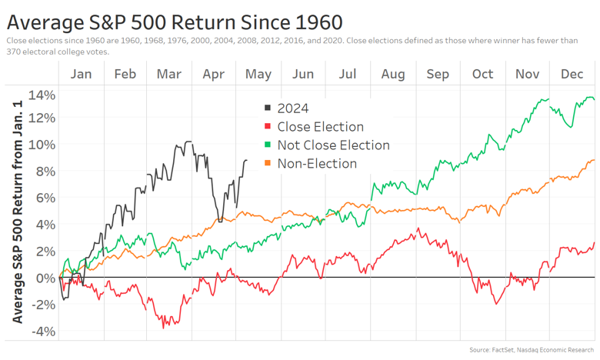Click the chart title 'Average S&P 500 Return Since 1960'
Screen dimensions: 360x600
pyautogui.click(x=174, y=20)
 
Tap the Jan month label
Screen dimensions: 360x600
pyautogui.click(x=81, y=74)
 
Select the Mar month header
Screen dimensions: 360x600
pyautogui.click(x=168, y=74)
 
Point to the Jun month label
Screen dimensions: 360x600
pyautogui.click(x=303, y=74)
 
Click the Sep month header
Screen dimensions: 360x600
pyautogui.click(x=438, y=74)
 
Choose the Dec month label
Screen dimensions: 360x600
pyautogui.click(x=572, y=74)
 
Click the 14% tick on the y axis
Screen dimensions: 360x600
pyautogui.click(x=42, y=95)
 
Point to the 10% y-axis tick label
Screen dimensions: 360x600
pyautogui.click(x=42, y=145)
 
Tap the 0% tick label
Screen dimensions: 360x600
pyautogui.click(x=45, y=277)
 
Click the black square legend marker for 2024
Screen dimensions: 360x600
pyautogui.click(x=267, y=108)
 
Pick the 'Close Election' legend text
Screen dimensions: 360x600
pyautogui.click(x=320, y=127)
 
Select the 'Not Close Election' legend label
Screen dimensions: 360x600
pyautogui.click(x=333, y=145)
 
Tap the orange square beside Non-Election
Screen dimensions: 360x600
pyautogui.click(x=267, y=164)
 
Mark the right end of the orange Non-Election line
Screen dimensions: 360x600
pyautogui.click(x=595, y=160)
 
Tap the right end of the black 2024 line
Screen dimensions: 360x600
pyautogui.click(x=246, y=160)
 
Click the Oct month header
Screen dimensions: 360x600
pyautogui.click(x=482, y=74)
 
